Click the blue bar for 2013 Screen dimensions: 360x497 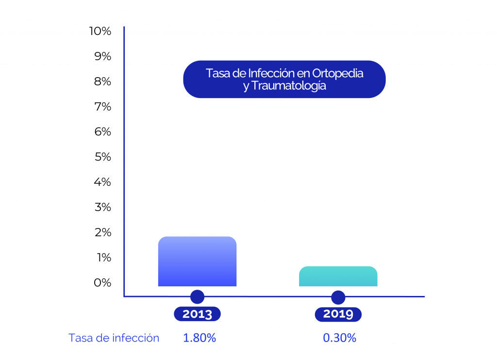(x=197, y=262)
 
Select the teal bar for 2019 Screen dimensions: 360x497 (x=338, y=277)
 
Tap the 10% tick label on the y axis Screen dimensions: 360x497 (x=100, y=31)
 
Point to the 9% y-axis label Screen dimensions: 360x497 (x=102, y=56)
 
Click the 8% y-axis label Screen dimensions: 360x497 (x=102, y=82)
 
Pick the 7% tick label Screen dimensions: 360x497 (x=102, y=107)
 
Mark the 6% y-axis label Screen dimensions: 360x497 (x=102, y=132)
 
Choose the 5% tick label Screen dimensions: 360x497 (x=102, y=157)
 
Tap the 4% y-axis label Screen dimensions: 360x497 (x=102, y=182)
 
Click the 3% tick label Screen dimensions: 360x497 (x=102, y=208)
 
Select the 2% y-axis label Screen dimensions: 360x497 (x=102, y=232)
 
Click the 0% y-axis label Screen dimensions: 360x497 (x=102, y=283)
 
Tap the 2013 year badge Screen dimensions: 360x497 (x=197, y=314)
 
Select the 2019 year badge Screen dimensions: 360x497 (x=338, y=314)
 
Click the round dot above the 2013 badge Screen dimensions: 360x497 (x=197, y=297)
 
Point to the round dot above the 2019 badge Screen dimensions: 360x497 (x=338, y=297)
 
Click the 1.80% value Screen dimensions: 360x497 (x=199, y=338)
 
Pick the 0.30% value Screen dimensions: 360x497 (x=340, y=338)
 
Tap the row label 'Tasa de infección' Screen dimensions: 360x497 (x=114, y=338)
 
